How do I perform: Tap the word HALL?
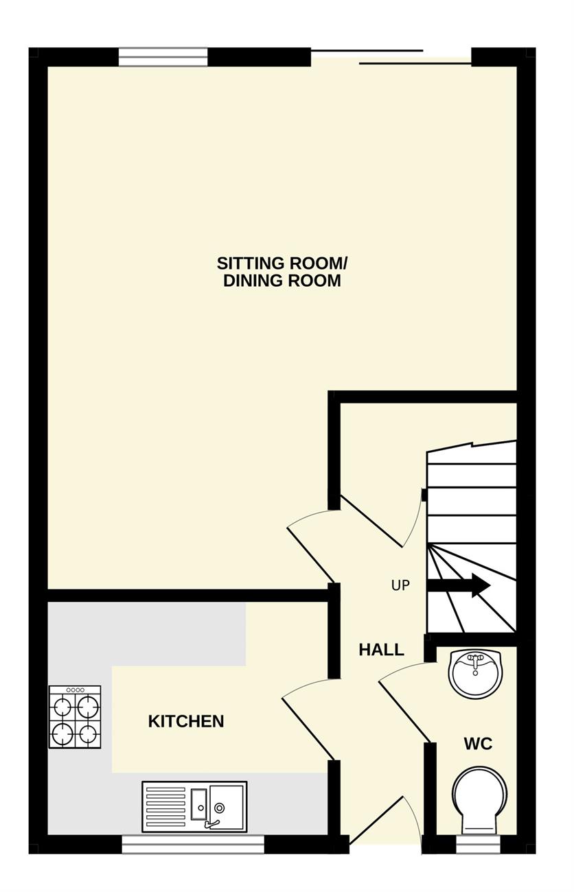pyautogui.click(x=382, y=650)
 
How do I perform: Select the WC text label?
pyautogui.click(x=479, y=744)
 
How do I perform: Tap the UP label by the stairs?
pyautogui.click(x=400, y=585)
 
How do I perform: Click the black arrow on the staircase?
pyautogui.click(x=459, y=586)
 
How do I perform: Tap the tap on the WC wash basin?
pyautogui.click(x=475, y=664)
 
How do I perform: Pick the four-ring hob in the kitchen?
pyautogui.click(x=75, y=717)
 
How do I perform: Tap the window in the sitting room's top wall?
pyautogui.click(x=163, y=56)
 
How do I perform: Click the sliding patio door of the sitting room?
pyautogui.click(x=391, y=56)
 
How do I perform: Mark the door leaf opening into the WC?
pyautogui.click(x=404, y=713)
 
